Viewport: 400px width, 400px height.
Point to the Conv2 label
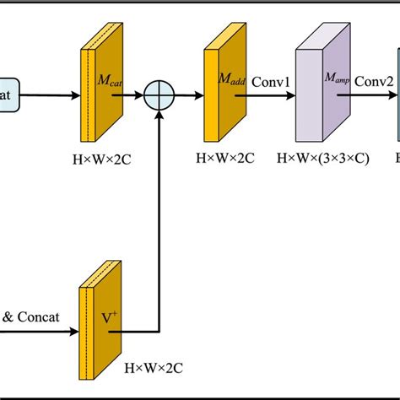click(371, 82)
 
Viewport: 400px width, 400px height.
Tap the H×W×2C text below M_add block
click(224, 156)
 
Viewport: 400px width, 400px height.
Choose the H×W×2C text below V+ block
click(154, 369)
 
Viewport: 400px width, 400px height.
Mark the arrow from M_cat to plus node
click(130, 95)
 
